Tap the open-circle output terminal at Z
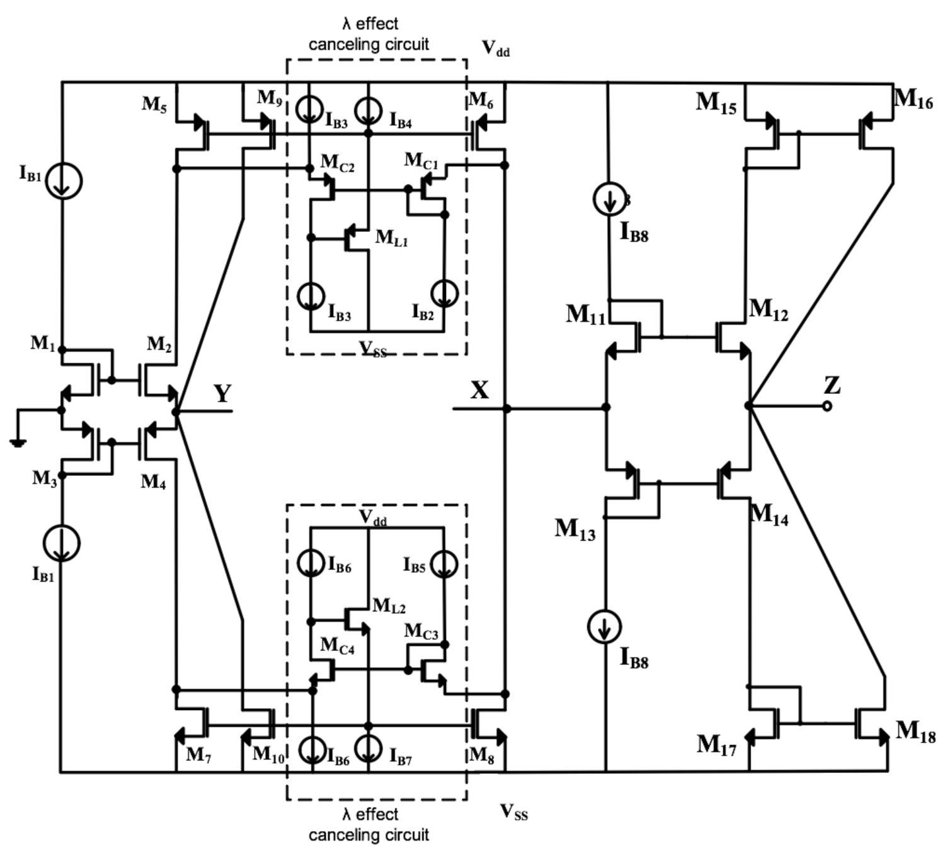click(827, 406)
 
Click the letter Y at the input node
click(222, 394)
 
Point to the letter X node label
click(479, 391)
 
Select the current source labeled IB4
click(369, 111)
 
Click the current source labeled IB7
click(369, 749)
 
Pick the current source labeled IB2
click(444, 294)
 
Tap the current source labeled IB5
click(444, 563)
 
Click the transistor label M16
click(913, 99)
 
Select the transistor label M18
click(915, 731)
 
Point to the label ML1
click(391, 238)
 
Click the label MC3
click(421, 631)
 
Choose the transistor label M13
click(575, 529)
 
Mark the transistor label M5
click(154, 104)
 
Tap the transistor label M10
click(268, 755)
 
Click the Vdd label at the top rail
click(496, 49)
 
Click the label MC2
click(337, 163)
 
